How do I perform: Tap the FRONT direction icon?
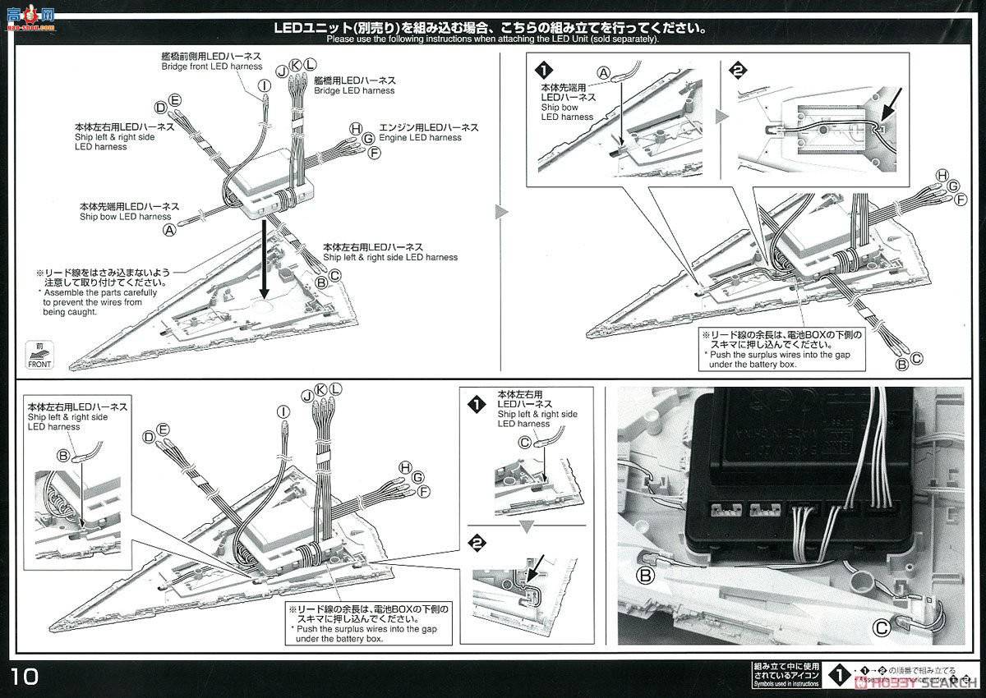point(39,354)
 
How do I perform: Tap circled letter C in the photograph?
point(880,629)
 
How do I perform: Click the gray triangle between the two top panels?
point(502,213)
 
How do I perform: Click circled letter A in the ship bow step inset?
point(603,74)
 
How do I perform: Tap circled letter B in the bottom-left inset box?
point(63,456)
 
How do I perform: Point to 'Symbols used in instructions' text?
point(786,682)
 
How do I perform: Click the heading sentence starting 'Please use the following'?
point(493,39)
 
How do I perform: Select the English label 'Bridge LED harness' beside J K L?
point(354,90)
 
